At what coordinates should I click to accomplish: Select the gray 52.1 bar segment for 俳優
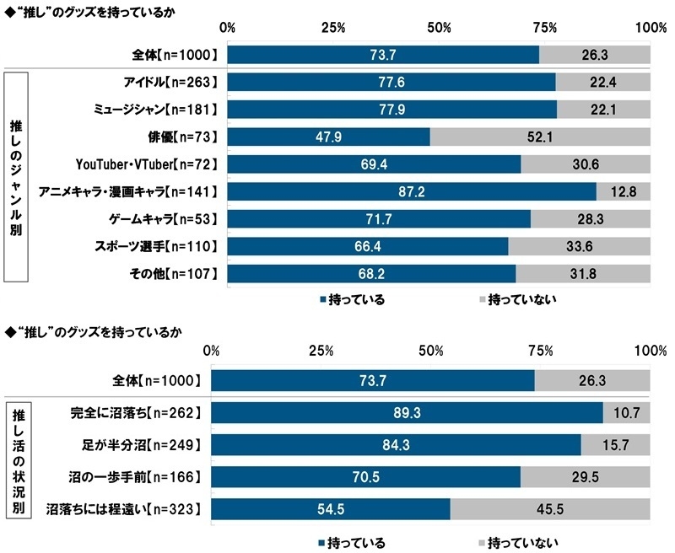(x=540, y=137)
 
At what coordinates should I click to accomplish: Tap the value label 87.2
(x=412, y=191)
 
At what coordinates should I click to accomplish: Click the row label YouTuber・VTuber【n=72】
(x=141, y=164)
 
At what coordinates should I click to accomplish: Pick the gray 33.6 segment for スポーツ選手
(x=579, y=247)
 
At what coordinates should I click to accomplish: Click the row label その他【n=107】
(x=175, y=275)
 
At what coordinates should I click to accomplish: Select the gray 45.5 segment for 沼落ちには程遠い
(x=549, y=508)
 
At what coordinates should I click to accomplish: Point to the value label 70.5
(x=365, y=476)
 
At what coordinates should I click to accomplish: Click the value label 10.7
(x=627, y=413)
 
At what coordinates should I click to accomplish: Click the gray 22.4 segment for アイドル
(x=602, y=82)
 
